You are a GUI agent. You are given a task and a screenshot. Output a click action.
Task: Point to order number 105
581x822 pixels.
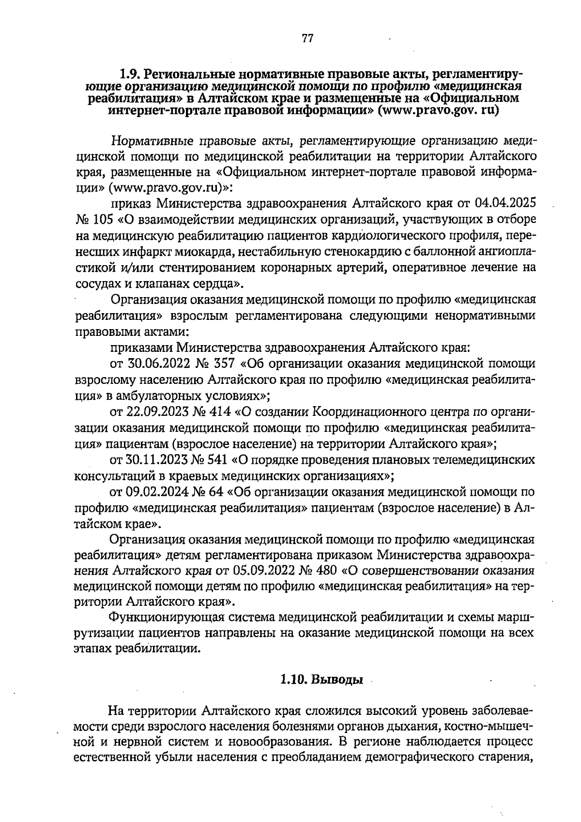(103, 219)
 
